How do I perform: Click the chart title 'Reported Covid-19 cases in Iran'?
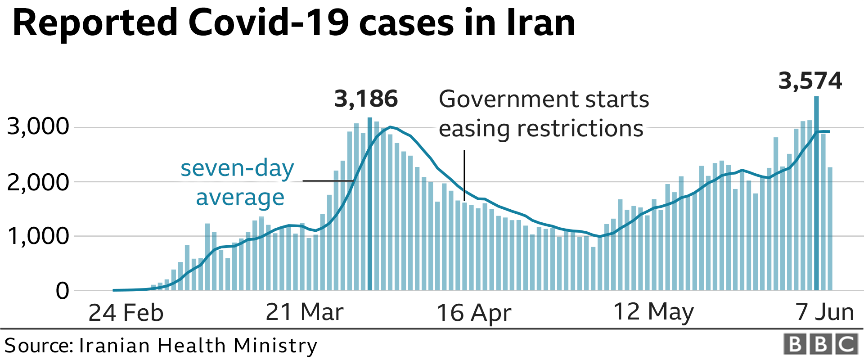(294, 23)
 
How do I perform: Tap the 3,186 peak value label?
(366, 99)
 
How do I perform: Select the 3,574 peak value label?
(810, 81)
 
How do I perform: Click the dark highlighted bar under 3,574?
(816, 193)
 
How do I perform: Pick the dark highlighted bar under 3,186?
(370, 202)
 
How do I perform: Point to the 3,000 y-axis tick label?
(38, 127)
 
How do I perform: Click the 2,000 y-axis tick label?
(38, 182)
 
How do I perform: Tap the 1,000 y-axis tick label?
(38, 236)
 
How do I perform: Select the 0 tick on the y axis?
(63, 291)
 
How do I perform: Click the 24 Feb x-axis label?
(126, 313)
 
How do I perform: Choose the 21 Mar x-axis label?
(305, 312)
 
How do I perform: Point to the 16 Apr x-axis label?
(474, 313)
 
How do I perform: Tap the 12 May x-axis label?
(653, 312)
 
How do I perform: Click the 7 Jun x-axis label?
(824, 312)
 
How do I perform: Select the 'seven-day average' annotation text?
(238, 183)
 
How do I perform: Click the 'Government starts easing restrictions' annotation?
(544, 113)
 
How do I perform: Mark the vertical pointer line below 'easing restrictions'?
(464, 175)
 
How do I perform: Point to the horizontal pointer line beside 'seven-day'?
(328, 181)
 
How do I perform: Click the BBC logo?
(820, 345)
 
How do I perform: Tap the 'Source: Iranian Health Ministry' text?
(161, 346)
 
